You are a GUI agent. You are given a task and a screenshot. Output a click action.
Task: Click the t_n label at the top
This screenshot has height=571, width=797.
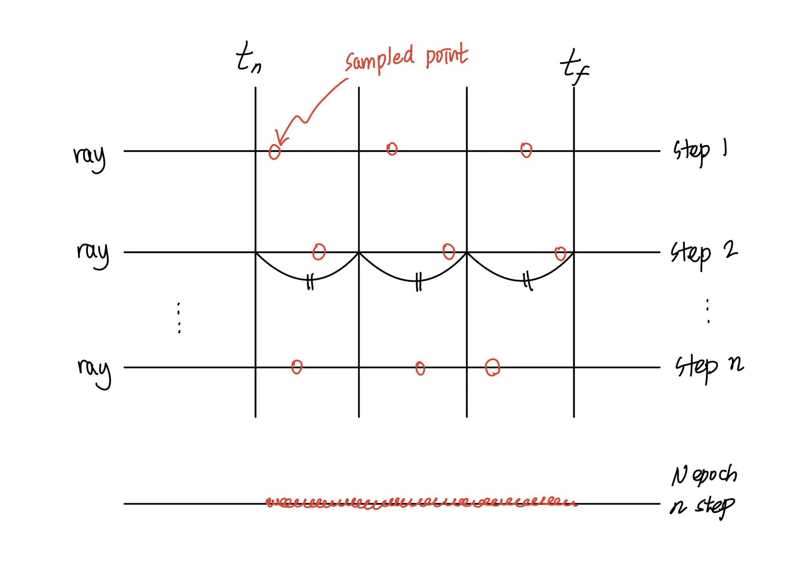pos(248,58)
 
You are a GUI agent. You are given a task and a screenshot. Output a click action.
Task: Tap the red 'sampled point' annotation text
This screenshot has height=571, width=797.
pos(406,58)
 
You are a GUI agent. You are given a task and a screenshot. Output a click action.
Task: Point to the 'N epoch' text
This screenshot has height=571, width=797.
pos(704,475)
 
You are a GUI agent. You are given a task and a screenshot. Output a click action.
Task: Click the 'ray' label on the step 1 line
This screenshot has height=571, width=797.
pos(89,156)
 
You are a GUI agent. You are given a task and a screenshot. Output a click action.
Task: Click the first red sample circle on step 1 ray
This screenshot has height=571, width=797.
pos(274,152)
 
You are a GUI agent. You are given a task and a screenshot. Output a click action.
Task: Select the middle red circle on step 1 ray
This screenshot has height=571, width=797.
pos(392,149)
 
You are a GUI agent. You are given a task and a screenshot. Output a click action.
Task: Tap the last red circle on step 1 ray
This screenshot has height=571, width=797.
pos(526,150)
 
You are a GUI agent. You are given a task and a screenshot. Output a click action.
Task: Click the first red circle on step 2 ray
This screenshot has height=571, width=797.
pos(319,252)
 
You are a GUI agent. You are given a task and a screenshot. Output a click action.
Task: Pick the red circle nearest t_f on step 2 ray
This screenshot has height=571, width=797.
pos(560,254)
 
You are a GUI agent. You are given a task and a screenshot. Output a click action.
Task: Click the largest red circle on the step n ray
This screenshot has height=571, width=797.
pos(492,367)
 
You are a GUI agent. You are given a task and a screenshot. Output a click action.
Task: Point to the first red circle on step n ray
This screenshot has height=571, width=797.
pos(297,367)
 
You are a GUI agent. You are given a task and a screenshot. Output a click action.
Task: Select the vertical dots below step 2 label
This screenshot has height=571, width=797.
pos(708,311)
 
